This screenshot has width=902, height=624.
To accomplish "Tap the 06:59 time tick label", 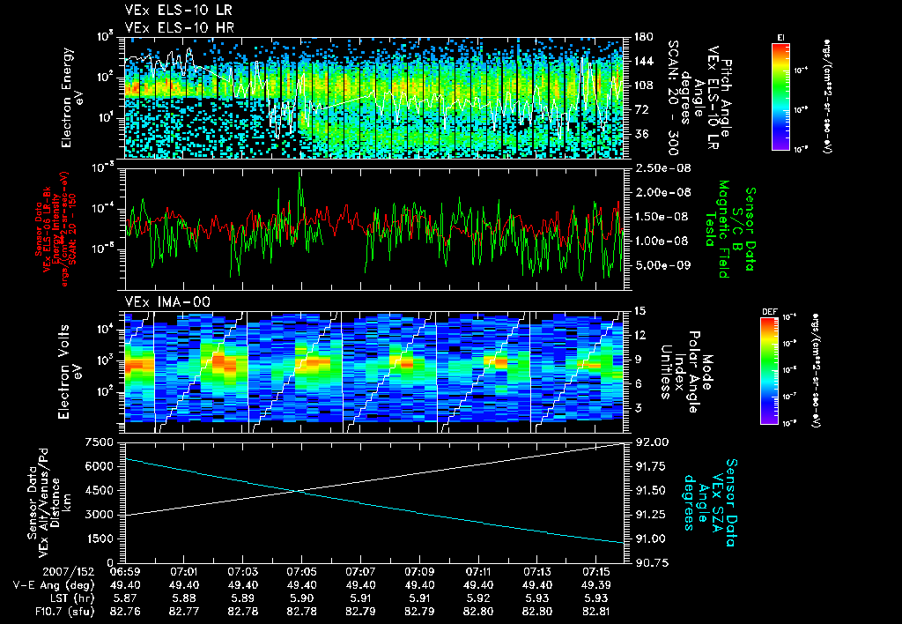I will click(x=125, y=572).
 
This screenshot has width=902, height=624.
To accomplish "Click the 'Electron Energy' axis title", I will click(x=66, y=96).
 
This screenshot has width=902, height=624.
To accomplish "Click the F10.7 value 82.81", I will click(x=596, y=609).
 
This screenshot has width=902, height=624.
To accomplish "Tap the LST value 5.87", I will click(x=125, y=597).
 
